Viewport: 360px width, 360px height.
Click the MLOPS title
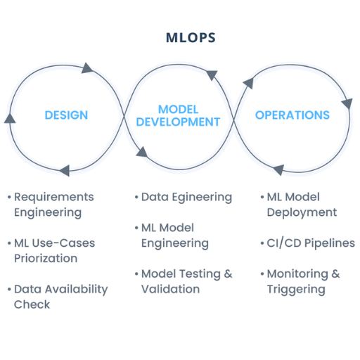click(191, 37)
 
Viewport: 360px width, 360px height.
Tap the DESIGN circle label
click(66, 115)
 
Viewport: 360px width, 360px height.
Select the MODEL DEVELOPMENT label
click(178, 116)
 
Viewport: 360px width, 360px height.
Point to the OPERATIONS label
click(292, 115)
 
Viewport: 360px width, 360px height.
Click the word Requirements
click(54, 197)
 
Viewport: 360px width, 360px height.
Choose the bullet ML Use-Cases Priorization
click(51, 251)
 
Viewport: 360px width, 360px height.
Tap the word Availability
click(77, 290)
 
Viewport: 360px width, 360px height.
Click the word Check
click(32, 304)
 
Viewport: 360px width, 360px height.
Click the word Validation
click(170, 289)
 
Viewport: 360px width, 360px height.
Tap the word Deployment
click(302, 213)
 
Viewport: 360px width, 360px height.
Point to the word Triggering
click(296, 290)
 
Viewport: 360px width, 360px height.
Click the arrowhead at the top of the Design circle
click(87, 68)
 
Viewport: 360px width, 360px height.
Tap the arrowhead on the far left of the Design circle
click(10, 118)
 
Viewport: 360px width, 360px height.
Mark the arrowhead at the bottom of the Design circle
click(65, 170)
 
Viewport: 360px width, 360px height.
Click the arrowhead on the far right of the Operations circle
click(347, 103)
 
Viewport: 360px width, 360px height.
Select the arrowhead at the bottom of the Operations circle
click(279, 169)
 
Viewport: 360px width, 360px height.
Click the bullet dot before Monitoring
click(262, 274)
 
